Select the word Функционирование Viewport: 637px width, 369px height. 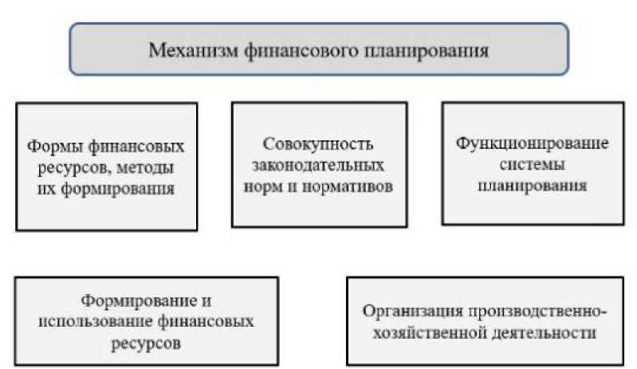click(533, 146)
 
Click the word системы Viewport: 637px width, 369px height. click(533, 167)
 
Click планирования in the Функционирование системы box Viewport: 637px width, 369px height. click(533, 188)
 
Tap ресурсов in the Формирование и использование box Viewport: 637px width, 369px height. click(147, 343)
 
